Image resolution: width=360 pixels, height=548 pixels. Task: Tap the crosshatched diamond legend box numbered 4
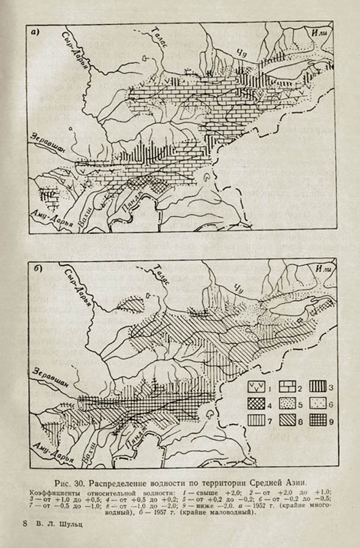coord(255,402)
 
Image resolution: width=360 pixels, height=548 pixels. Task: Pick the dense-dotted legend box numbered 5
coord(286,402)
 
